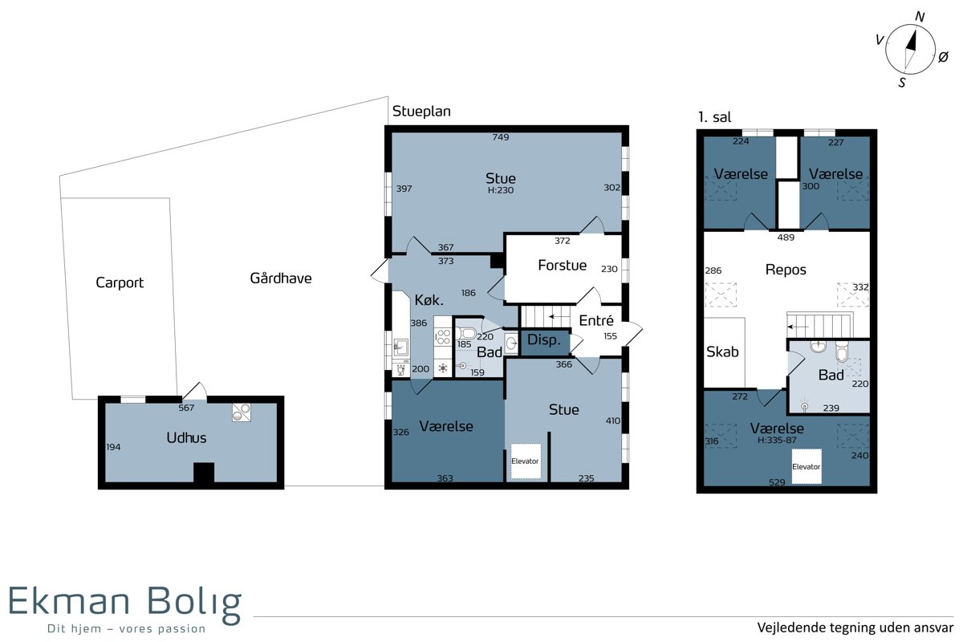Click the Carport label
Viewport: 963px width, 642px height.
[x=120, y=282]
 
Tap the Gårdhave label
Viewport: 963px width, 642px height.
[x=281, y=278]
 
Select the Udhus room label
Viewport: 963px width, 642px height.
[x=186, y=437]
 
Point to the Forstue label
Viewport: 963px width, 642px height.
[x=562, y=266]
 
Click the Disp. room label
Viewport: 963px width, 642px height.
[x=544, y=339]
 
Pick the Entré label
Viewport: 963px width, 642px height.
[x=595, y=320]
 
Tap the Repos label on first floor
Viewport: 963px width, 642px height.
[x=786, y=270]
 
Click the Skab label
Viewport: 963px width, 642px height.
[x=722, y=351]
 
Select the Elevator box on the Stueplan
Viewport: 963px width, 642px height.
[x=525, y=461]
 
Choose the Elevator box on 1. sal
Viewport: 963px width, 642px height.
[x=806, y=466]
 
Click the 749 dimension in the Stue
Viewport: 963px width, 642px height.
[x=501, y=137]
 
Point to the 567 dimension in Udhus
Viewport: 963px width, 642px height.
[x=186, y=408]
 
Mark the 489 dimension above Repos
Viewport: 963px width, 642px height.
[x=786, y=238]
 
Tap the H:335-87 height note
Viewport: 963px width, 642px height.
[x=777, y=440]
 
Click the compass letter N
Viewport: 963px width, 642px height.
[x=920, y=17]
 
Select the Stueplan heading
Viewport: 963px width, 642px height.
[x=421, y=112]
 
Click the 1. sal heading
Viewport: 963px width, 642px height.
[x=714, y=117]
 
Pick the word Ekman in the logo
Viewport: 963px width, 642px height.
[x=69, y=600]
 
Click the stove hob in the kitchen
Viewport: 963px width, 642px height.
[x=443, y=337]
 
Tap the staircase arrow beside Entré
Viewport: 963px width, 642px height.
[x=559, y=317]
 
